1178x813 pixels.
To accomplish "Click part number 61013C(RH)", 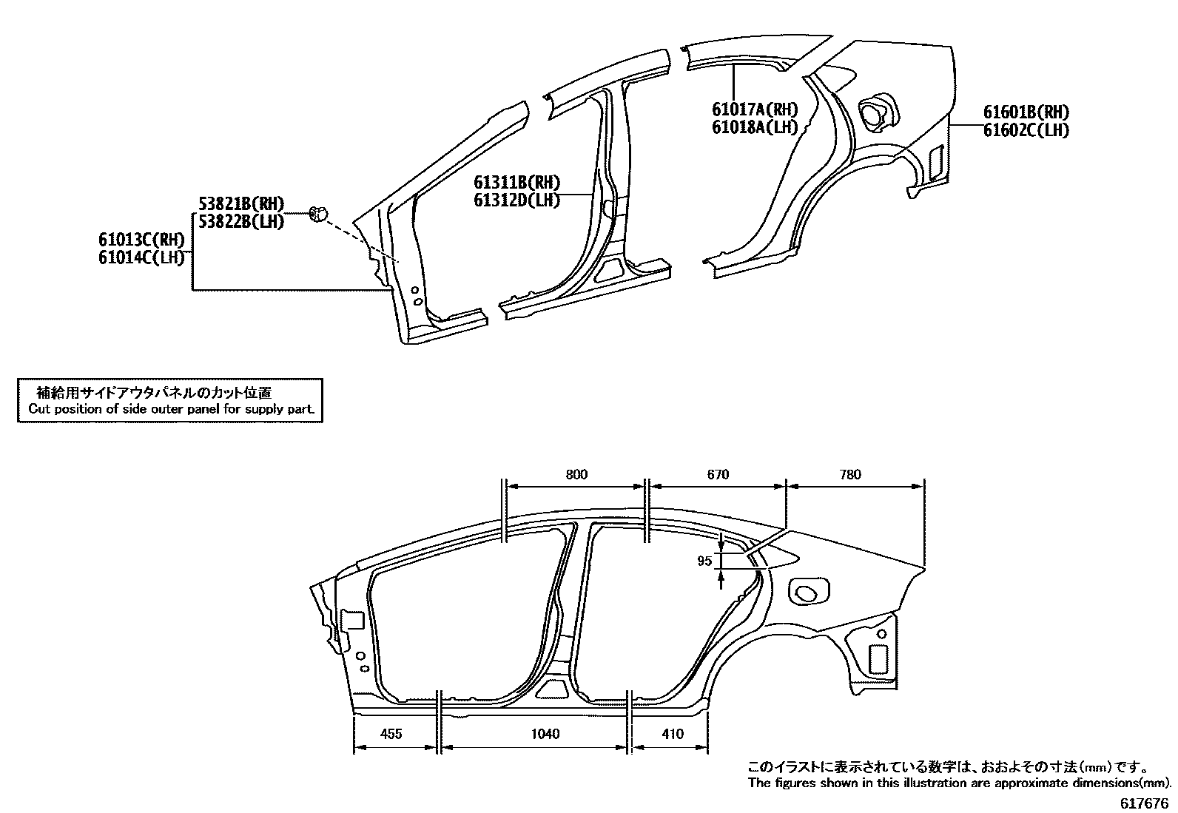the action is [141, 240].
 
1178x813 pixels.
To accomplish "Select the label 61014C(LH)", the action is [141, 257].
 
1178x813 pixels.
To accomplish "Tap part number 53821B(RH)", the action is [241, 204].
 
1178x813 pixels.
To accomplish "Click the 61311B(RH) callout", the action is [516, 183].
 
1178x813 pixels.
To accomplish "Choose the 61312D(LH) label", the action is [516, 200].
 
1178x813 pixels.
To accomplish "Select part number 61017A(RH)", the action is [755, 109].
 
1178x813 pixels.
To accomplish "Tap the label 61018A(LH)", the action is [755, 127].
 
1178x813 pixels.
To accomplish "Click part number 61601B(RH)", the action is [1026, 112].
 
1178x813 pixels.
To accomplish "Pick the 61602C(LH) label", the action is [1026, 130].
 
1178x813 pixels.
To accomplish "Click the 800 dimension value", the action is [576, 475].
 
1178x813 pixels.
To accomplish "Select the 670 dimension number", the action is [718, 475].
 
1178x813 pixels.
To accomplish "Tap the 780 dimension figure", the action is [851, 475].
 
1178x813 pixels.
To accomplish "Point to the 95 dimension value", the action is [704, 561].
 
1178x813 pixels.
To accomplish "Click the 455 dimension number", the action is [391, 734].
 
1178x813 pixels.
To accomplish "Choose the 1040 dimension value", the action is [545, 734].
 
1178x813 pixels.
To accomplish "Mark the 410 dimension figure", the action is [673, 734].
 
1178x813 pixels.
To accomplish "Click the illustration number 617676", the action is [1144, 803].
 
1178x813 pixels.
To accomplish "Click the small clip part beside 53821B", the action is [317, 214].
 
